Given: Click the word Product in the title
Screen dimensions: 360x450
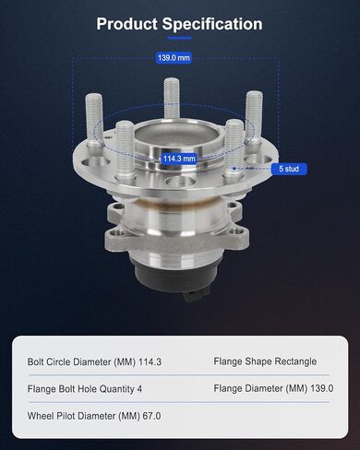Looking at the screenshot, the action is [126, 24].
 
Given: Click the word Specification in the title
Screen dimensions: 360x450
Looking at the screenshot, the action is [212, 24].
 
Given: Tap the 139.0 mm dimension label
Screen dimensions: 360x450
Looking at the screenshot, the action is [174, 58].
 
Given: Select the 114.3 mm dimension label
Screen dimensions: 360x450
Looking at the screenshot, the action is [179, 159].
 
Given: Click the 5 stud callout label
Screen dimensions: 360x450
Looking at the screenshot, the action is [289, 169].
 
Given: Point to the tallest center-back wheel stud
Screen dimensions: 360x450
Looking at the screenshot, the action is [172, 98].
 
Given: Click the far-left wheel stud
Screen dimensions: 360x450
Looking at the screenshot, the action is [94, 120].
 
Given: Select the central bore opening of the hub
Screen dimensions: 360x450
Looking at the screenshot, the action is [177, 136].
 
